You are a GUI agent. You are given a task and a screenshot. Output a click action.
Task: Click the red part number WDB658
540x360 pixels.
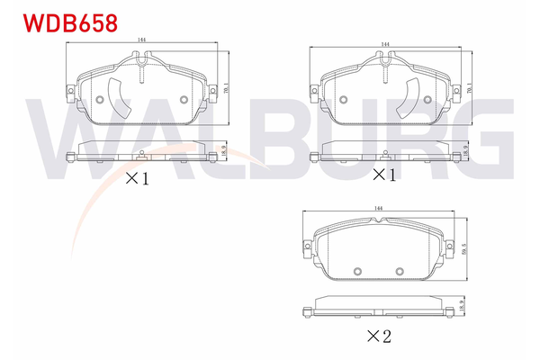click(x=70, y=23)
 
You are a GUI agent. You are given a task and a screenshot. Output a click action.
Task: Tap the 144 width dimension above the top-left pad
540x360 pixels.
click(x=141, y=40)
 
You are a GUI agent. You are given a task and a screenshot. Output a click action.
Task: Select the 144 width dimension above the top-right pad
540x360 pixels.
click(x=385, y=44)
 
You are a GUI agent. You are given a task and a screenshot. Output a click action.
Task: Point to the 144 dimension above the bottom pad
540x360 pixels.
click(x=378, y=208)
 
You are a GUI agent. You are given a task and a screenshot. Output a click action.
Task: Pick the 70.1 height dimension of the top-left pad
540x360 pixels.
click(x=226, y=88)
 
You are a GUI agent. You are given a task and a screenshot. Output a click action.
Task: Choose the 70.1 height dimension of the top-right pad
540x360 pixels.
click(x=470, y=88)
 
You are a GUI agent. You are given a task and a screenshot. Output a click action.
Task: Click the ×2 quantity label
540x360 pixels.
click(x=379, y=337)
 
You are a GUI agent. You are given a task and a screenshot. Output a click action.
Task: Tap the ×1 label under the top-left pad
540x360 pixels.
click(x=137, y=178)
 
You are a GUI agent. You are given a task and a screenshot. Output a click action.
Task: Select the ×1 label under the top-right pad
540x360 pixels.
click(x=384, y=175)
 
